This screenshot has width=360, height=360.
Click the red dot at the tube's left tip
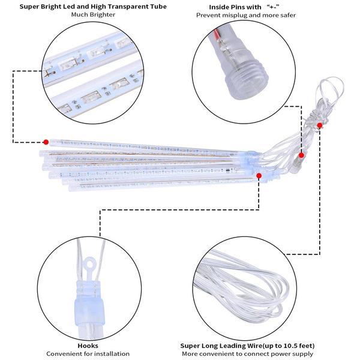tap(46, 142)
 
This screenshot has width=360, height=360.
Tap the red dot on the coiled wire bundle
tap(320, 125)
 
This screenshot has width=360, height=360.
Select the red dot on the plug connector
tap(302, 155)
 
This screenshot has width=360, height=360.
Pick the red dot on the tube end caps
tap(259, 176)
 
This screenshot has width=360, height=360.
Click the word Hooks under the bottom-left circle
tap(88, 346)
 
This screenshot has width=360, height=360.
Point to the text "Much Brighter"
tap(93, 14)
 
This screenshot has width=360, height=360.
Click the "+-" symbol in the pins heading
tap(273, 7)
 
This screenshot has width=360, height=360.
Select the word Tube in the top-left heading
tap(158, 7)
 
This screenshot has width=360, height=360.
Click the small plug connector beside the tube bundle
tap(295, 166)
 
